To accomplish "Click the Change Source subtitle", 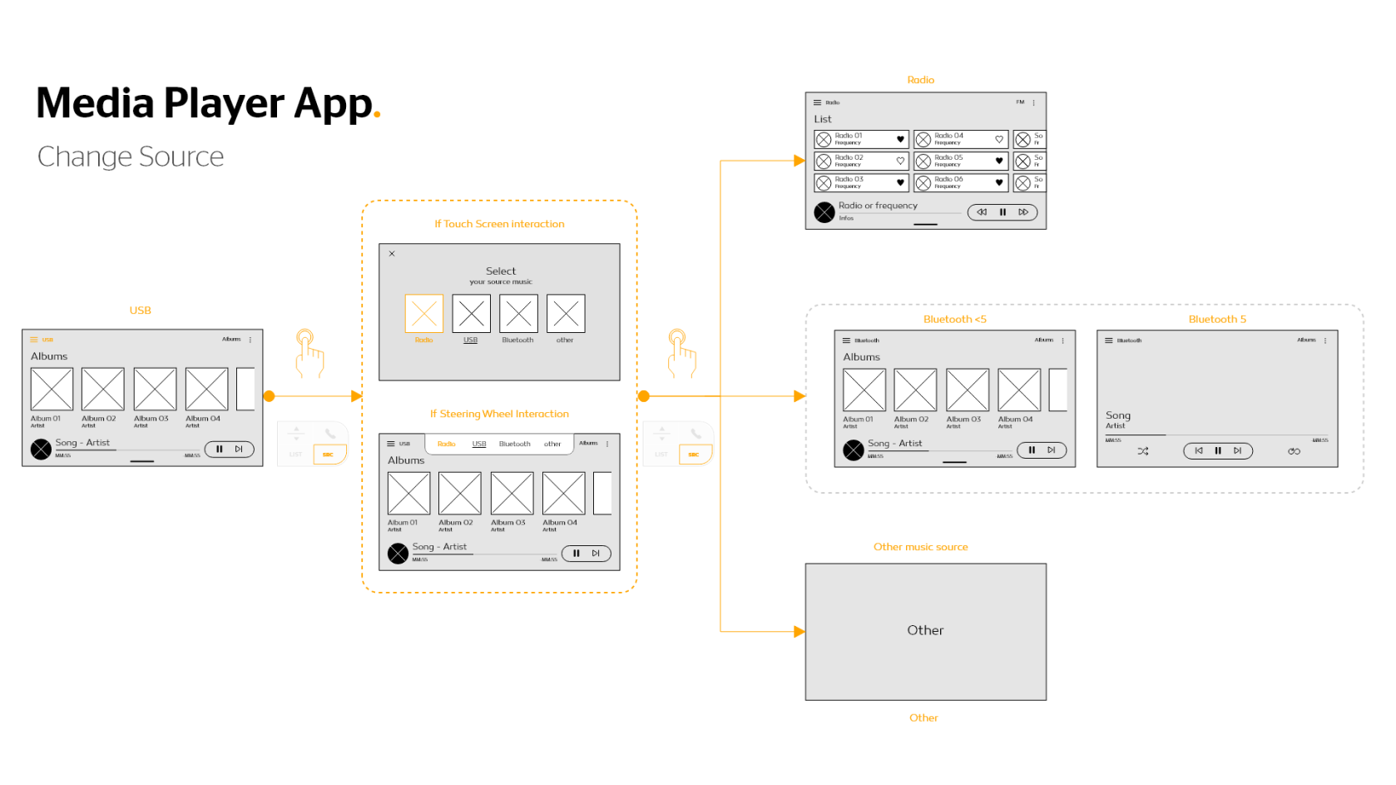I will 131,157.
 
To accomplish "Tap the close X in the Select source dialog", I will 392,254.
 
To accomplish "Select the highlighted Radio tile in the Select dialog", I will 423,314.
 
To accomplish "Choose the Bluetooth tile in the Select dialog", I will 518,314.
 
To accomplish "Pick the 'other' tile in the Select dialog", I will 566,314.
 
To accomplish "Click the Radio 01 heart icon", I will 900,139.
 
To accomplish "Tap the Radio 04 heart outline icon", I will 999,139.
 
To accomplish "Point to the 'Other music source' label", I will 920,547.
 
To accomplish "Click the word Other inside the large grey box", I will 925,630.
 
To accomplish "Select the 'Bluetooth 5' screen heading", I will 1217,320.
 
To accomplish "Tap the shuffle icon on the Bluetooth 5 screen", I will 1143,451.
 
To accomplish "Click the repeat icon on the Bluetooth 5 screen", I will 1294,451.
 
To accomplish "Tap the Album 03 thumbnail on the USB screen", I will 155,390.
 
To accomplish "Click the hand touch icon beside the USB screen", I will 309,353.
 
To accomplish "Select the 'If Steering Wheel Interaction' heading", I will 499,414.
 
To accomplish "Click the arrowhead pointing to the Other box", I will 799,632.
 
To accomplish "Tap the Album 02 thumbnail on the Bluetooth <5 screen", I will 915,390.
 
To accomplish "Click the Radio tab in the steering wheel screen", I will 447,444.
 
